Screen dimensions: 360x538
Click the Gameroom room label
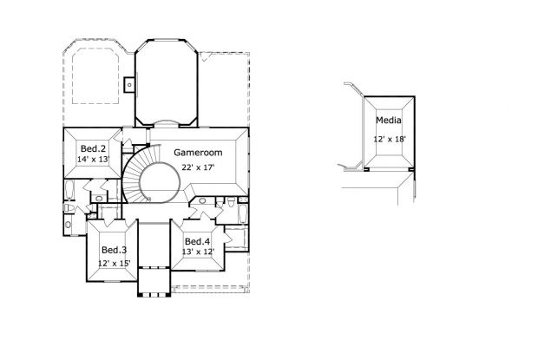click(x=196, y=152)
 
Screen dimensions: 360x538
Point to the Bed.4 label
click(x=196, y=241)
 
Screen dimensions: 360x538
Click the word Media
click(x=388, y=122)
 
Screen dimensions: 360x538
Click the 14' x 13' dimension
click(x=94, y=160)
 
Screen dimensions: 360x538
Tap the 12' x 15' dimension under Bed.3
click(x=114, y=262)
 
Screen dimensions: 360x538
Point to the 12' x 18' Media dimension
click(x=390, y=139)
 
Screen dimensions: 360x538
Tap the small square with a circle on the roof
click(x=129, y=84)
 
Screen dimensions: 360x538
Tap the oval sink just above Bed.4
click(x=202, y=201)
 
